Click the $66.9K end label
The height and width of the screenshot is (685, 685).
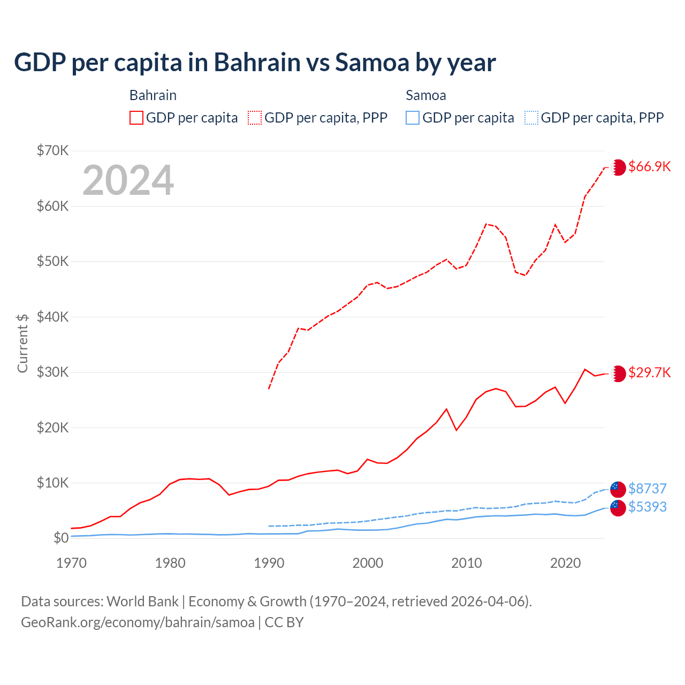point(649,166)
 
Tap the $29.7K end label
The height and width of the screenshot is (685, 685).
point(649,372)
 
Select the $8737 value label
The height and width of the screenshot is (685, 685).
point(647,489)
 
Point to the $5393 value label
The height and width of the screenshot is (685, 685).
point(647,507)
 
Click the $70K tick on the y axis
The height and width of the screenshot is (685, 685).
point(52,150)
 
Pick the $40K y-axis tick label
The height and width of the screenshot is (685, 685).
point(52,317)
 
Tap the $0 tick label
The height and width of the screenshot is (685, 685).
point(61,538)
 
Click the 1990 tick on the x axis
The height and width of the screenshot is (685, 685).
point(269,563)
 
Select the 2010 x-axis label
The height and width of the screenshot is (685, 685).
point(467,563)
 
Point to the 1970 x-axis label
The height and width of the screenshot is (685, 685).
point(72,563)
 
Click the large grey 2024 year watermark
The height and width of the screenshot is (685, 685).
point(128,180)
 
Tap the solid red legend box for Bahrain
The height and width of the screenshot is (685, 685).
point(136,118)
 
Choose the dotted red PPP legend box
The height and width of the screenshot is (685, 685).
point(255,118)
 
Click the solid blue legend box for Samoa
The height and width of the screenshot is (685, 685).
point(413,118)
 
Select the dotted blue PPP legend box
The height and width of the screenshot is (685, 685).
point(531,118)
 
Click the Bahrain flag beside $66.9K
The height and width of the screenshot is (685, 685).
point(618,167)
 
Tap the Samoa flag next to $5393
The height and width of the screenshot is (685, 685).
point(618,508)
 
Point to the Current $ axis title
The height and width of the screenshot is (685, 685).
point(22,343)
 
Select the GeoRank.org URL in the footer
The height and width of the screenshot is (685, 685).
point(138,622)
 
